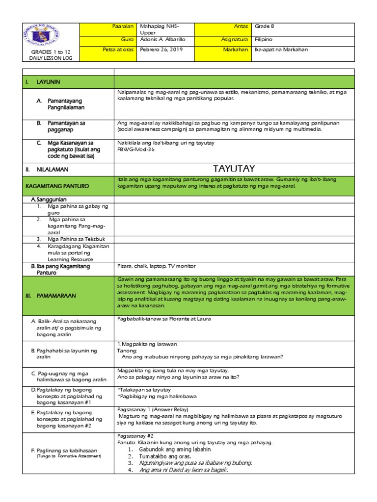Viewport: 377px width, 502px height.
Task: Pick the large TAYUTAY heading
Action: (x=234, y=169)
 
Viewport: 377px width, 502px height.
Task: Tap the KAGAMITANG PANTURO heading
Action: (x=55, y=186)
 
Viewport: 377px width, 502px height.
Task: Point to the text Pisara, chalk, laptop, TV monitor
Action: (x=157, y=266)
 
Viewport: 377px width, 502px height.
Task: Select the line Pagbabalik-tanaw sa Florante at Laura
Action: (x=164, y=319)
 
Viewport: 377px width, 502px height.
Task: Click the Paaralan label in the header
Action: (x=124, y=26)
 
